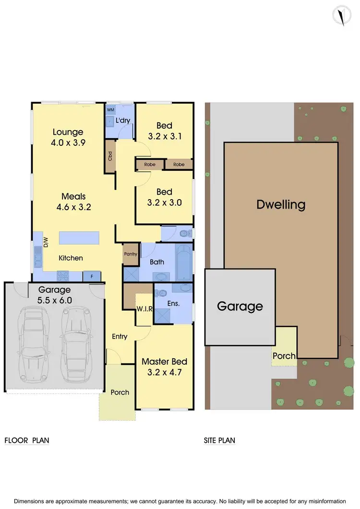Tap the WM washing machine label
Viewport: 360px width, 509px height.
coord(110,110)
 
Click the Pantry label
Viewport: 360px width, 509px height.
coord(131,254)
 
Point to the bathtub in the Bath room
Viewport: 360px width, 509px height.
coord(184,263)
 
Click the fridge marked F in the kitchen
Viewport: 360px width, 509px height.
coord(92,276)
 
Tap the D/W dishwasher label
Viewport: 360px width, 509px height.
coord(46,243)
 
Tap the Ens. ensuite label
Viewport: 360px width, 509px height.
coord(173,303)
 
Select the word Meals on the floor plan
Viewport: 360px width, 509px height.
coord(73,196)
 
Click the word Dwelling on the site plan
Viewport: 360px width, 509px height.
coord(281,205)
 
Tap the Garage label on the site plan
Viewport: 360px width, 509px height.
coord(240,306)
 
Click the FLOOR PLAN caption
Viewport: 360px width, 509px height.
coord(27,440)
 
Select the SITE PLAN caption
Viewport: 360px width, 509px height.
coord(219,440)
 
